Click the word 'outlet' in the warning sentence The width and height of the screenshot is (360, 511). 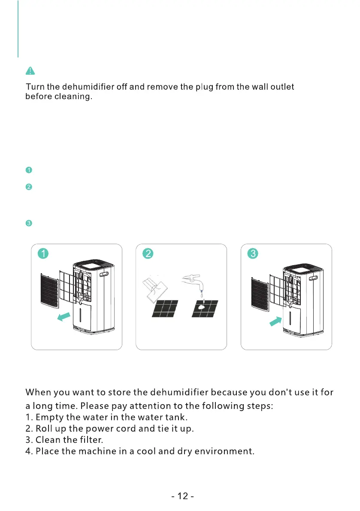(281, 87)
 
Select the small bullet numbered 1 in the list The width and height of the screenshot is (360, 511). (28, 170)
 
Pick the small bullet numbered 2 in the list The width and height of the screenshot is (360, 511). (28, 187)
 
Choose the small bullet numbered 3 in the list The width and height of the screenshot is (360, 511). (28, 223)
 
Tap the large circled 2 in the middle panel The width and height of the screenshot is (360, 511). (148, 254)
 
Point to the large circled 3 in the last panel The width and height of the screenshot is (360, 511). (253, 254)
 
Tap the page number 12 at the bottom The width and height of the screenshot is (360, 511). (182, 496)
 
